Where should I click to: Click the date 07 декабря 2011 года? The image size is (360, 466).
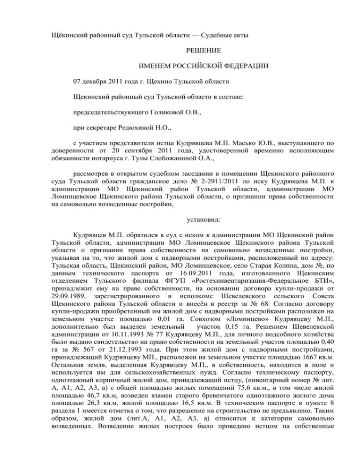coord(102,81)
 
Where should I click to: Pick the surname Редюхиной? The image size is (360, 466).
coord(139,128)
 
